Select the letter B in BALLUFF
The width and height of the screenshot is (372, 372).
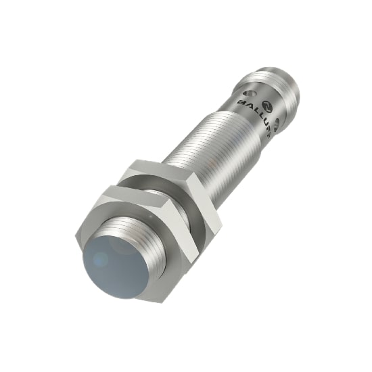tap(240, 101)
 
